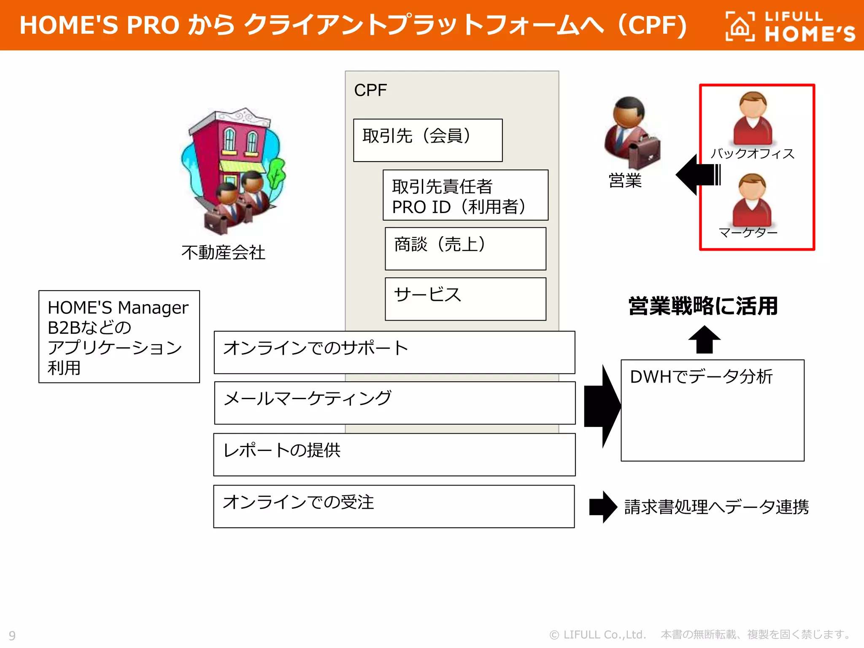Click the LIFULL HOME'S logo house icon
click(x=740, y=27)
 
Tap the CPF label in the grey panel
click(x=370, y=90)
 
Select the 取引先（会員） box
click(x=427, y=140)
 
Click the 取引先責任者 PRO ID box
click(x=465, y=195)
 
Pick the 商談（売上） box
click(x=465, y=248)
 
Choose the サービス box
click(x=465, y=299)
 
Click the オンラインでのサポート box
click(x=394, y=352)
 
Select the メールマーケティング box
click(x=394, y=403)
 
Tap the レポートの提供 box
click(x=394, y=454)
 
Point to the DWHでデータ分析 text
click(x=701, y=376)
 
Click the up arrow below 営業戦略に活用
click(x=704, y=339)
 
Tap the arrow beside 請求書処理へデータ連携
click(x=603, y=507)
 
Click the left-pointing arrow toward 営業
click(x=697, y=174)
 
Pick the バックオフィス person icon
click(x=753, y=119)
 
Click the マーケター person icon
click(x=752, y=200)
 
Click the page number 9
click(x=12, y=635)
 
